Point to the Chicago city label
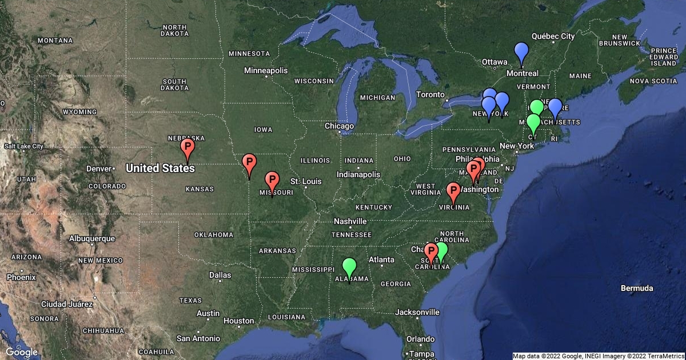(x=339, y=126)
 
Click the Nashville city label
(x=350, y=221)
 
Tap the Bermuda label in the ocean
(x=637, y=288)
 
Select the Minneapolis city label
(x=266, y=71)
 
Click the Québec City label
(x=552, y=36)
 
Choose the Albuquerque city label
(x=91, y=238)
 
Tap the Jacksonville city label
(x=417, y=312)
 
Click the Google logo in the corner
(x=22, y=352)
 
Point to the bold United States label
(x=160, y=168)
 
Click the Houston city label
(x=238, y=321)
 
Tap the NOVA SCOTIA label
(x=653, y=81)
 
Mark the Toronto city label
(x=430, y=94)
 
